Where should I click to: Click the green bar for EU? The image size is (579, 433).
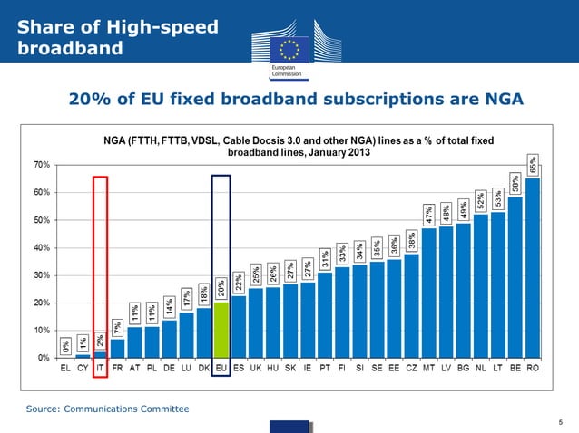[x=221, y=330]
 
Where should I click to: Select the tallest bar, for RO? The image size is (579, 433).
[x=533, y=268]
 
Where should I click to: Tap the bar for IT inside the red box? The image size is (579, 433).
[x=101, y=354]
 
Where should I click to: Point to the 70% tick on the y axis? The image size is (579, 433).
[x=42, y=165]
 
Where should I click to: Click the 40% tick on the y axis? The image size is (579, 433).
[x=42, y=247]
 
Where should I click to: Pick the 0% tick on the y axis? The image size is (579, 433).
[x=44, y=358]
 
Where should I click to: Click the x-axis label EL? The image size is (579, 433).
[x=66, y=370]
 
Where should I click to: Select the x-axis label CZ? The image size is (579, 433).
[x=411, y=370]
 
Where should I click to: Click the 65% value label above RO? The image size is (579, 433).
[x=534, y=164]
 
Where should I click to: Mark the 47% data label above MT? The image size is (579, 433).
[x=428, y=216]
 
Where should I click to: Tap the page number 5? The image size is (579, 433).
[x=561, y=421]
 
